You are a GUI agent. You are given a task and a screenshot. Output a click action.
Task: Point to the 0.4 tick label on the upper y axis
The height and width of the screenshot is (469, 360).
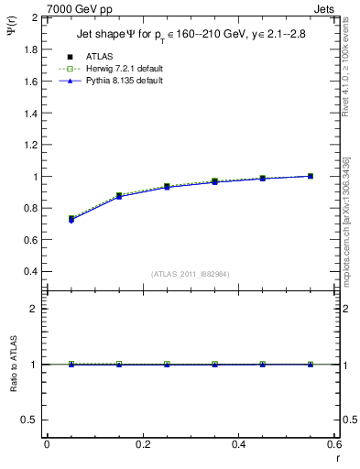tap(31, 272)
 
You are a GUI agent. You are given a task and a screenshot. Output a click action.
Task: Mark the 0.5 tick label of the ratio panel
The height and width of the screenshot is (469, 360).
tap(31, 420)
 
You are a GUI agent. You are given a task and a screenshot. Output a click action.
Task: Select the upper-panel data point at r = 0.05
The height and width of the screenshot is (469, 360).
tap(71, 219)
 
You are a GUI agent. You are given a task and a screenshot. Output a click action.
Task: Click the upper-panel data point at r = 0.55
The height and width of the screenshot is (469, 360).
tap(311, 176)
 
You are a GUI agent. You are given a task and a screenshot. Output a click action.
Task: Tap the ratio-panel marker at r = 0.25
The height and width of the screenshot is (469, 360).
tap(167, 364)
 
